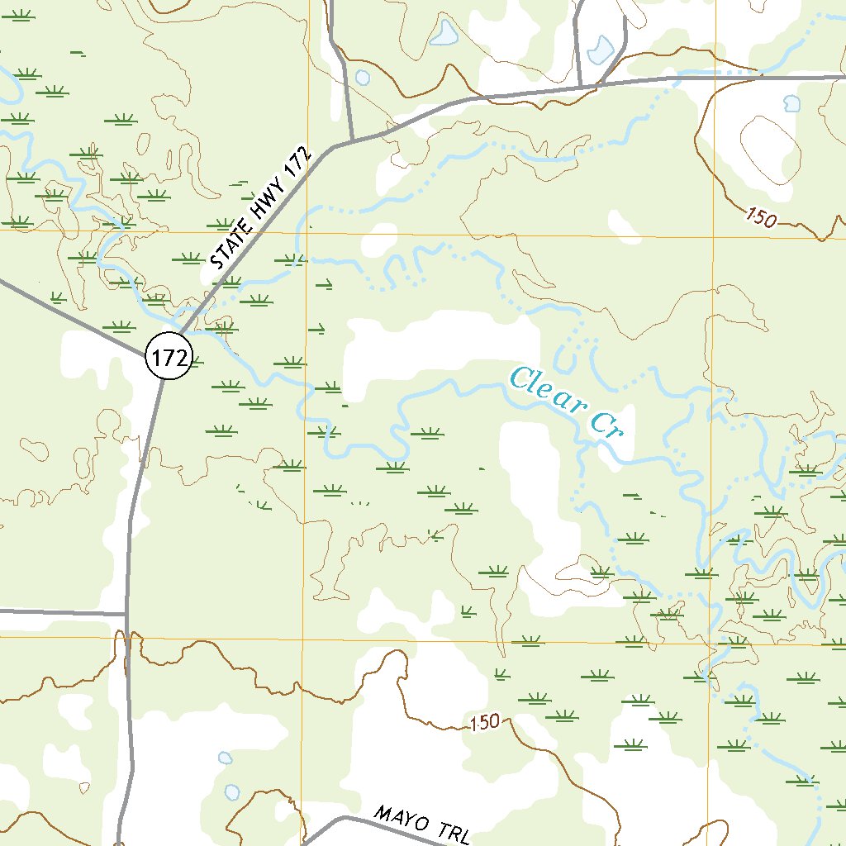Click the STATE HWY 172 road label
(x=260, y=210)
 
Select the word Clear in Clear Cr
(x=546, y=391)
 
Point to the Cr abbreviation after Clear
(x=610, y=425)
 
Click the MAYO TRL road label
(x=422, y=825)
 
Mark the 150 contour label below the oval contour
(x=761, y=219)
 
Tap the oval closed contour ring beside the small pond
(x=770, y=149)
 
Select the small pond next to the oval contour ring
(x=791, y=104)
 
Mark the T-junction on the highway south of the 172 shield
(x=126, y=614)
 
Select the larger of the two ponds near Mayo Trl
(x=232, y=791)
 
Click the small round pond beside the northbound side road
(x=362, y=78)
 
